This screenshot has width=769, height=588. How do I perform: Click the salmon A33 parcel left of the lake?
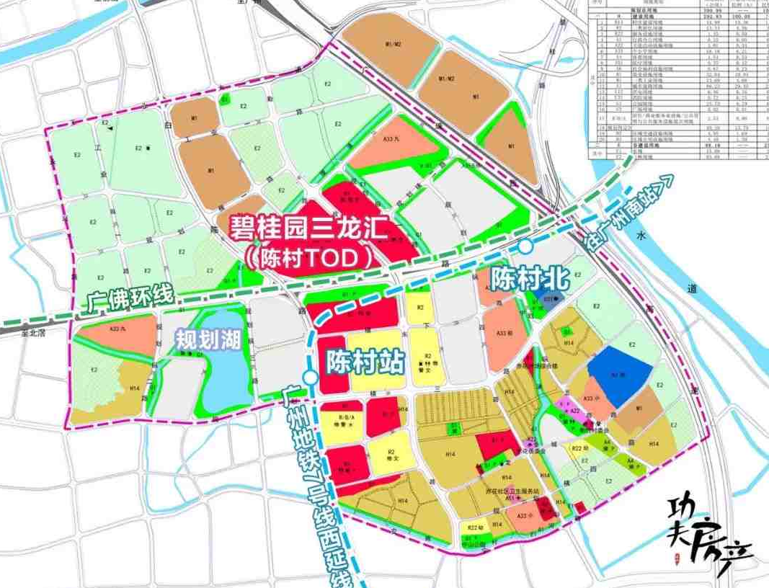pyautogui.click(x=119, y=336)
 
